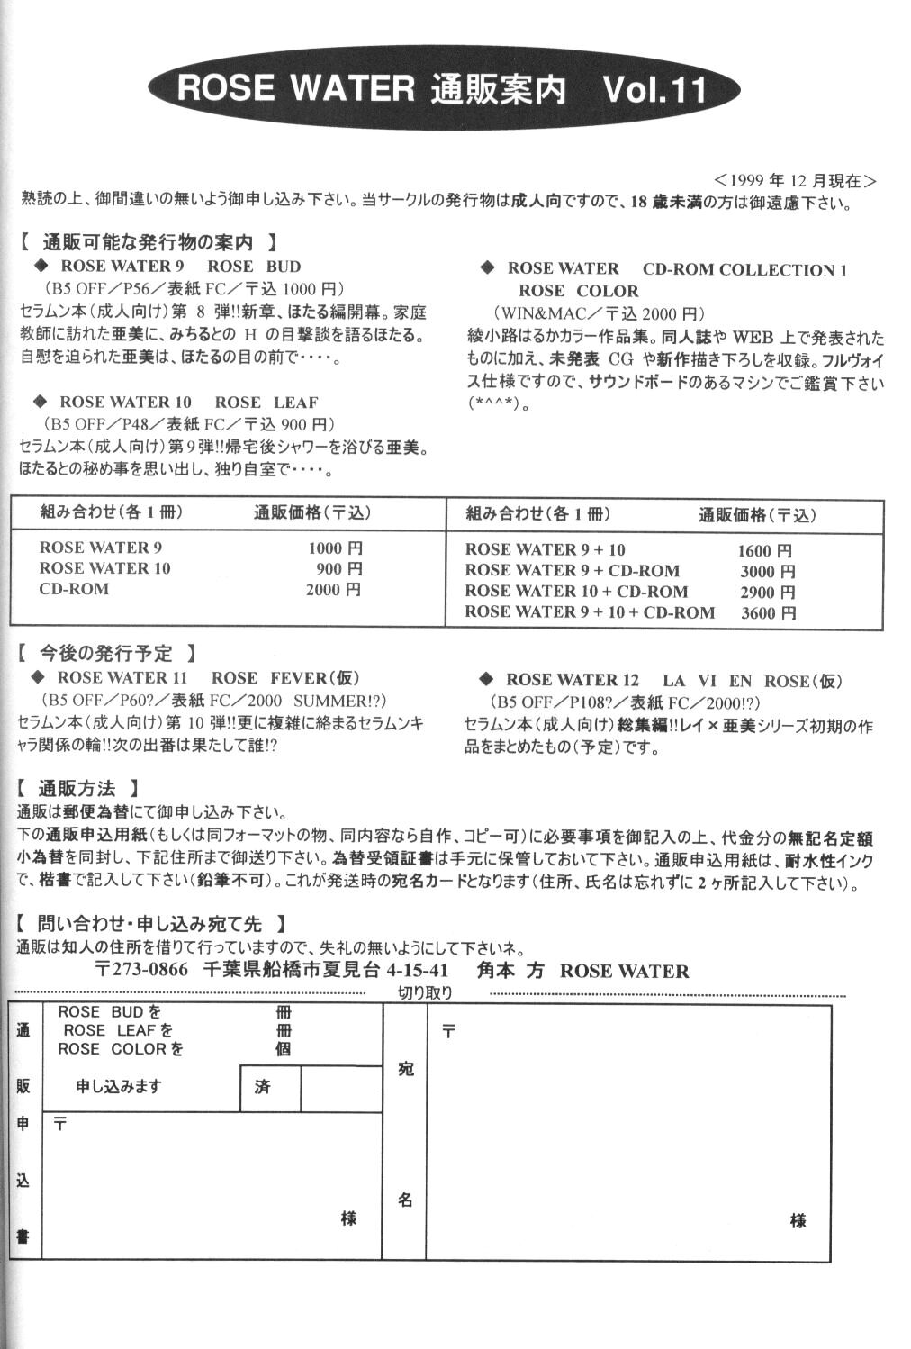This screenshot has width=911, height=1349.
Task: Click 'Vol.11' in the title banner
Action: coord(654,90)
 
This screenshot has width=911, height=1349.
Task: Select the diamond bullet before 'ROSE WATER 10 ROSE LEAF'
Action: coord(40,402)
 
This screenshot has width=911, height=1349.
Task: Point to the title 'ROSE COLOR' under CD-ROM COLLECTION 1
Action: coord(578,292)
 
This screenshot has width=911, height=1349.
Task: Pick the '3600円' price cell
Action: coord(768,613)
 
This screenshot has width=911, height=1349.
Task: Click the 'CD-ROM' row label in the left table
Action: coord(74,590)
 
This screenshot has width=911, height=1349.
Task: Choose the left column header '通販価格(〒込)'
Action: coord(311,513)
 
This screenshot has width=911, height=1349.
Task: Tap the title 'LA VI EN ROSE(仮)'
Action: coord(752,681)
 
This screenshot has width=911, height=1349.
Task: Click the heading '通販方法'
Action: coord(78,789)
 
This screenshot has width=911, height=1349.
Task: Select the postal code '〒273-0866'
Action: coord(141,971)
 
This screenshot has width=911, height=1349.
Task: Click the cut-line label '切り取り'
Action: coord(425,993)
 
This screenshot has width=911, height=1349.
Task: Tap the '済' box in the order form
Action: coord(262,1088)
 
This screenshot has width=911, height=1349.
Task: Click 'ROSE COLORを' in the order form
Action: coord(121,1049)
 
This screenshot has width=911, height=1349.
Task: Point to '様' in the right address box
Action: coord(797,1221)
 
